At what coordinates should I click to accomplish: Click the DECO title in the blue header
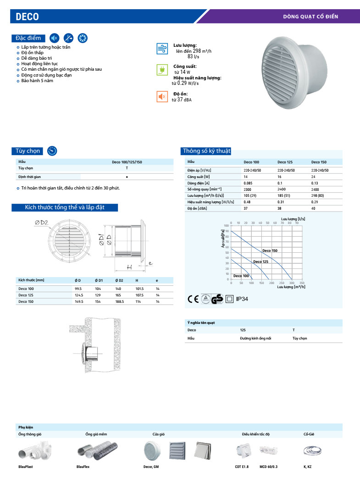tap(28, 17)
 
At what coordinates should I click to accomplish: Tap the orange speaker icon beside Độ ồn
tap(162, 96)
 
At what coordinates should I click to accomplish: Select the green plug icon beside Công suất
tap(162, 70)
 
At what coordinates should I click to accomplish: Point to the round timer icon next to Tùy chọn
tap(52, 150)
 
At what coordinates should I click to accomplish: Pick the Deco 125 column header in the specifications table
tap(285, 162)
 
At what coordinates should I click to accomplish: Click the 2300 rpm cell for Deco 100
tap(248, 189)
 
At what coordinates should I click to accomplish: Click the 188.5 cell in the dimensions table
tap(119, 301)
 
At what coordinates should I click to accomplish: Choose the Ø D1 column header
tap(99, 280)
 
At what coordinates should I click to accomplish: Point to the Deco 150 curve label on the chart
tap(270, 251)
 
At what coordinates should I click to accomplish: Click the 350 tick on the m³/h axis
tap(301, 283)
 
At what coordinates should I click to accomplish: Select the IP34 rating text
tap(242, 299)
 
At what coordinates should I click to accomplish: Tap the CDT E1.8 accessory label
tap(241, 467)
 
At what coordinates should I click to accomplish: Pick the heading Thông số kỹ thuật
tap(207, 151)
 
